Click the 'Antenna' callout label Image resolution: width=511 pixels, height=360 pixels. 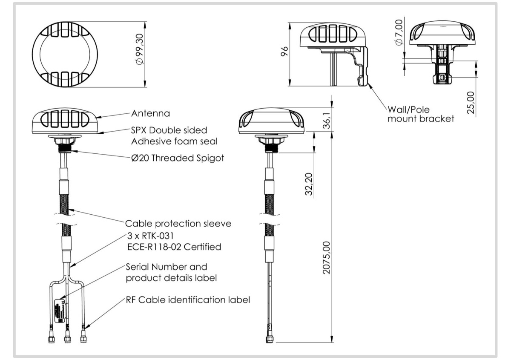point(150,113)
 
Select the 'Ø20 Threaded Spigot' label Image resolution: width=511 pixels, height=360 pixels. point(177,158)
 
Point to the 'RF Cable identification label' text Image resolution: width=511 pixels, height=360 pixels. point(187,300)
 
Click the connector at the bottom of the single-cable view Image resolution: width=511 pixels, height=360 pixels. point(270,337)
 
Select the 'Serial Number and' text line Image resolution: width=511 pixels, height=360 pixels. point(167,267)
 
